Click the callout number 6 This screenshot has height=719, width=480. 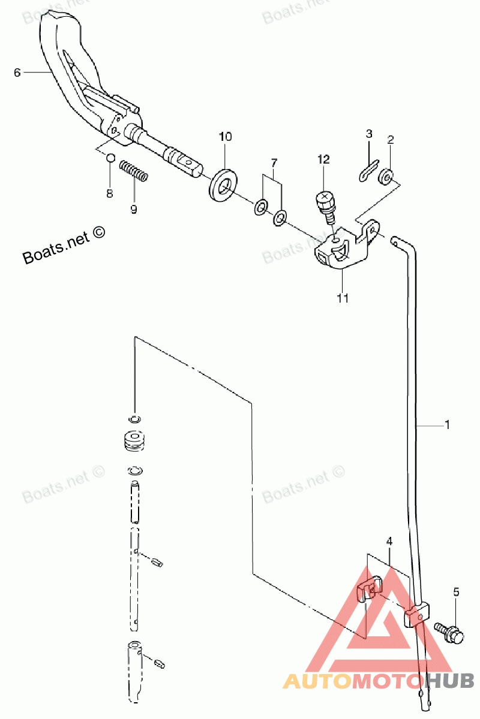pos(17,72)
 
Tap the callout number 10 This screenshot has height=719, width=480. pos(225,137)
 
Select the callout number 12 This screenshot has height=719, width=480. pos(324,159)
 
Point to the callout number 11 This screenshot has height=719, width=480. pos(343,298)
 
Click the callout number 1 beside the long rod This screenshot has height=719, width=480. pos(447,425)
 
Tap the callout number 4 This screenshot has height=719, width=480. pos(389,542)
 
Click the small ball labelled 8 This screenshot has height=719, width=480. pos(110,158)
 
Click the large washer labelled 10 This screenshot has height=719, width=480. pos(223,185)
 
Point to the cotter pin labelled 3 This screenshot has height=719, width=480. pos(369,171)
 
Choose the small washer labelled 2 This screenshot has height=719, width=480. pos(386,177)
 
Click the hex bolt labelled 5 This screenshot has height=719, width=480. pos(449,632)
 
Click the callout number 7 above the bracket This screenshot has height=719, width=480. pos(274,164)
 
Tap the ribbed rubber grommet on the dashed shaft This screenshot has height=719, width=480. pos(135,442)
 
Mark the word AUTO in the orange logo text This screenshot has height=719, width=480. pos(317,682)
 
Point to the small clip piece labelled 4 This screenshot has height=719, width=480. pos(370,590)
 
